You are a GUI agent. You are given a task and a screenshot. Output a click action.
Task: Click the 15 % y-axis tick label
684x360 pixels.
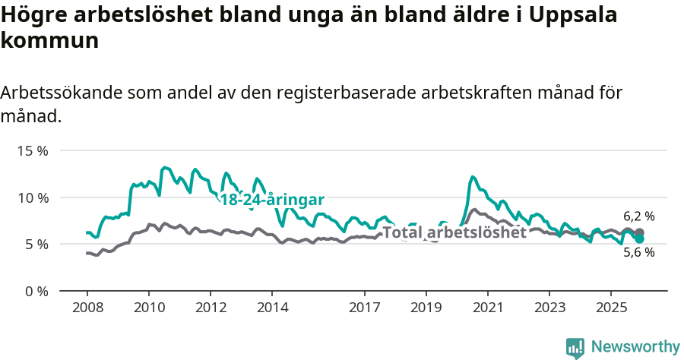click(32, 150)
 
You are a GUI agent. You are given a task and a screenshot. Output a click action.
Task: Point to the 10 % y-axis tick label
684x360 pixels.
click(32, 197)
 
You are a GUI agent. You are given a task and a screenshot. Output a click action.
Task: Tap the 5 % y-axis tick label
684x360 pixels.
click(36, 244)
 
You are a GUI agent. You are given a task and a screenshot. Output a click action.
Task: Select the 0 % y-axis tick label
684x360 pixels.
click(36, 291)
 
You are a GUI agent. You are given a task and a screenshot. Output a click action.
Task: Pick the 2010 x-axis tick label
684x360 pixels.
click(148, 308)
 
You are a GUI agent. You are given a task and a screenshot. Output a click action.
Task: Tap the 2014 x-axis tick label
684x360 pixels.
click(272, 308)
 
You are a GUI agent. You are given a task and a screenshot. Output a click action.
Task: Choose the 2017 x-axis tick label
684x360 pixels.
click(364, 308)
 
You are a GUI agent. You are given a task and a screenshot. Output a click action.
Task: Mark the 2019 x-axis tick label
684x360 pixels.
click(426, 308)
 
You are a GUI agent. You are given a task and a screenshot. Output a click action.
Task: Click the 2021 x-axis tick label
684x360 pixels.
click(487, 308)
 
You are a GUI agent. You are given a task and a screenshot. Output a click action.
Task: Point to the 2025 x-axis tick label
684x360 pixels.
click(611, 308)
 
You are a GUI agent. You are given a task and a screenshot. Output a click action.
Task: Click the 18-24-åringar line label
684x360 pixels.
click(272, 200)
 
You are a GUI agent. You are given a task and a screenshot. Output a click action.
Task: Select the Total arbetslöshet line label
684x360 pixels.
click(454, 232)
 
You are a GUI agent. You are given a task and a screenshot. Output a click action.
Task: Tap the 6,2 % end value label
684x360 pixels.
click(638, 216)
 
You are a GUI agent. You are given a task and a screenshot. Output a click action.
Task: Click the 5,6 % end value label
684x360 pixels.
click(638, 253)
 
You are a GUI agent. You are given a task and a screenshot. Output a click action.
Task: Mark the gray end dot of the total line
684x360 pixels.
click(639, 232)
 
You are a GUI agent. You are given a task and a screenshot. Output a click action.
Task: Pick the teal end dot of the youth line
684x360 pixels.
click(639, 239)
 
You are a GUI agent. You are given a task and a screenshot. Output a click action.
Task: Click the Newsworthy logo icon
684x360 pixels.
click(575, 348)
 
